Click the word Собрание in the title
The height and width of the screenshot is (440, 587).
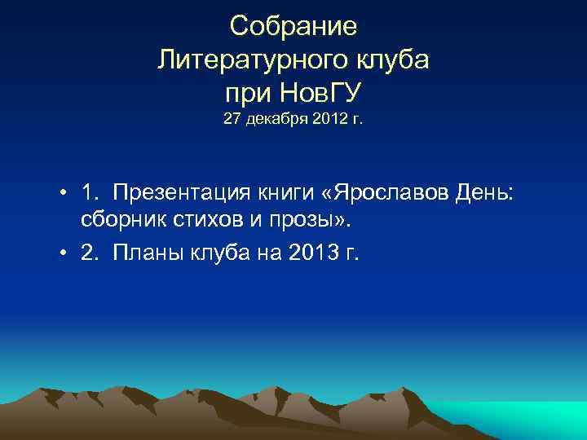click(x=293, y=26)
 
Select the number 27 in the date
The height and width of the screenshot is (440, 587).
click(x=232, y=121)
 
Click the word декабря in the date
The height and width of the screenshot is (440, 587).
click(x=272, y=121)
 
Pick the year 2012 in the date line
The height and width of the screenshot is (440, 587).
click(x=322, y=121)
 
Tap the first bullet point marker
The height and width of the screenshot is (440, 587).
click(x=62, y=192)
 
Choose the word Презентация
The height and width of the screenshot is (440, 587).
click(x=186, y=192)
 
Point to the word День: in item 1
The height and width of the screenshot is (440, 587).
click(x=492, y=192)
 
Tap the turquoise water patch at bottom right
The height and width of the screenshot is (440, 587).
click(x=522, y=420)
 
